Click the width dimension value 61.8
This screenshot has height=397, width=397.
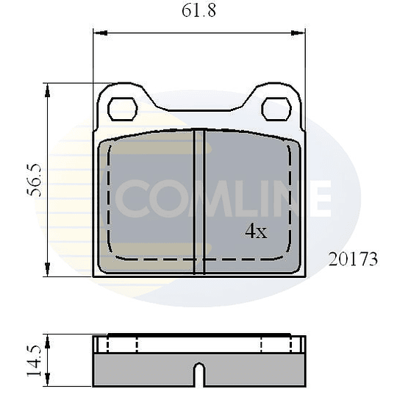tap(198, 12)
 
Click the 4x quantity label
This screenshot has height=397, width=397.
tap(255, 232)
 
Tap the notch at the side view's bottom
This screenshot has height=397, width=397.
tap(198, 374)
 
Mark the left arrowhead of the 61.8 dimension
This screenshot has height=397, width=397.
tap(98, 32)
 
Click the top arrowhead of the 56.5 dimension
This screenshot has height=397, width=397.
tap(48, 87)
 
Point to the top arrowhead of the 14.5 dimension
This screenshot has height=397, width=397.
tap(48, 339)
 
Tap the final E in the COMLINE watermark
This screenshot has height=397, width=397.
tap(317, 199)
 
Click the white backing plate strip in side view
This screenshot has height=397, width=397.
tap(198, 346)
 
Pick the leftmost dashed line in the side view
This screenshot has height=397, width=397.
tap(108, 344)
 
